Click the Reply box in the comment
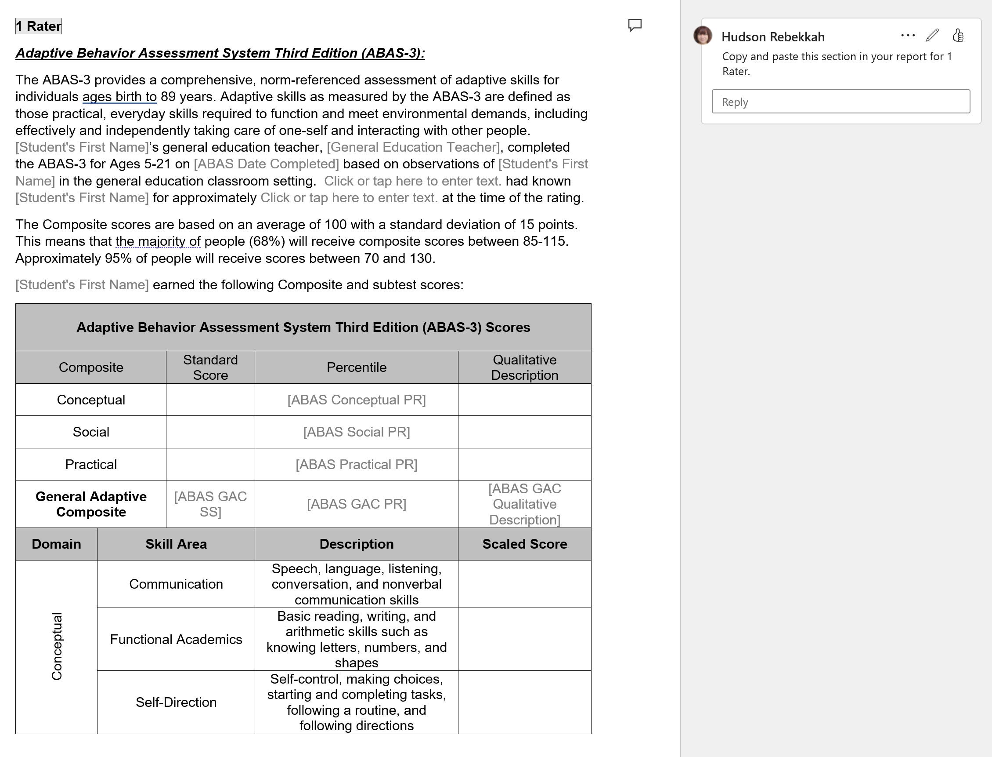pyautogui.click(x=840, y=102)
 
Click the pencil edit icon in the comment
pyautogui.click(x=932, y=35)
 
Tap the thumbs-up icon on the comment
pyautogui.click(x=958, y=35)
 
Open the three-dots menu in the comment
pyautogui.click(x=907, y=35)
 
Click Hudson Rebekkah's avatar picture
pyautogui.click(x=703, y=35)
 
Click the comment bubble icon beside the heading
pyautogui.click(x=635, y=25)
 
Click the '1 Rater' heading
pyautogui.click(x=39, y=26)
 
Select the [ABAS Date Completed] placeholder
pyautogui.click(x=267, y=164)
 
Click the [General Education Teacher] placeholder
pyautogui.click(x=413, y=147)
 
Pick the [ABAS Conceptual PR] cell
pyautogui.click(x=357, y=400)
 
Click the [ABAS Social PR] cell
pyautogui.click(x=357, y=432)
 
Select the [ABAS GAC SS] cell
pyautogui.click(x=210, y=504)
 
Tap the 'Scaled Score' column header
pyautogui.click(x=524, y=544)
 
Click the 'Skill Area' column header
pyautogui.click(x=176, y=544)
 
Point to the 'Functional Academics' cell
pyautogui.click(x=176, y=639)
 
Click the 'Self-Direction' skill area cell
pyautogui.click(x=176, y=702)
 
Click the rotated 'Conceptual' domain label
pyautogui.click(x=57, y=647)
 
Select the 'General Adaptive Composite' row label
pyautogui.click(x=91, y=504)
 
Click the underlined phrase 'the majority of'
pyautogui.click(x=158, y=241)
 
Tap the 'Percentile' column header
pyautogui.click(x=357, y=368)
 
